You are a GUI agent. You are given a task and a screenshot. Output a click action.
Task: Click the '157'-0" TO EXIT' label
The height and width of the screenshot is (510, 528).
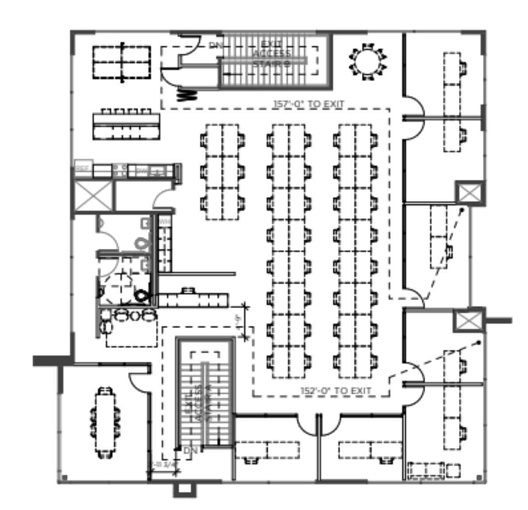click(x=308, y=104)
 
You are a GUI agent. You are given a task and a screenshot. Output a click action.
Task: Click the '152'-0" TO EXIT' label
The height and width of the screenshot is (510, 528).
click(x=335, y=391)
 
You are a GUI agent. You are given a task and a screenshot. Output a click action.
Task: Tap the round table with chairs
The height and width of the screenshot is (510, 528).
click(x=368, y=62)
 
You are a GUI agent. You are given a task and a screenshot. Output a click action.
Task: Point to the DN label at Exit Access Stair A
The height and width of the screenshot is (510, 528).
click(x=190, y=451)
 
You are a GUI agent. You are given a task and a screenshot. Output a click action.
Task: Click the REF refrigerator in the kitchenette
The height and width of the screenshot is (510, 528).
click(x=83, y=169)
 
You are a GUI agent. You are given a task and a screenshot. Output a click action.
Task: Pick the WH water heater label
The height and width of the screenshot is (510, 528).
click(x=164, y=221)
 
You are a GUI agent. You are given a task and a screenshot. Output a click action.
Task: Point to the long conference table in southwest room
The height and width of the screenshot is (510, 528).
click(x=105, y=422)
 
